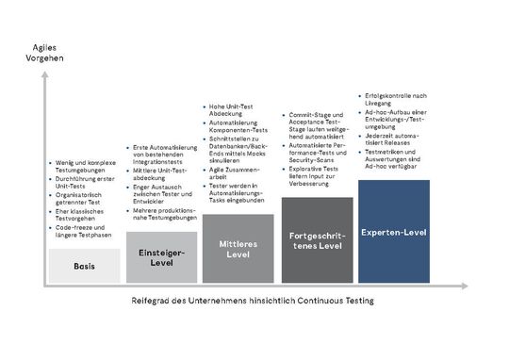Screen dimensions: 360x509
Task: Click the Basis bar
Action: tap(83, 265)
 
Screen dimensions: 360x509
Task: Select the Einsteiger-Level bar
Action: tap(161, 257)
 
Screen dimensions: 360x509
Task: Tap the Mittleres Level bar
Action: tap(238, 248)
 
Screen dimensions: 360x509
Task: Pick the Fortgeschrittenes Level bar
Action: tap(317, 239)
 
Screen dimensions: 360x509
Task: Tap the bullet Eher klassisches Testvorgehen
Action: tap(83, 215)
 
